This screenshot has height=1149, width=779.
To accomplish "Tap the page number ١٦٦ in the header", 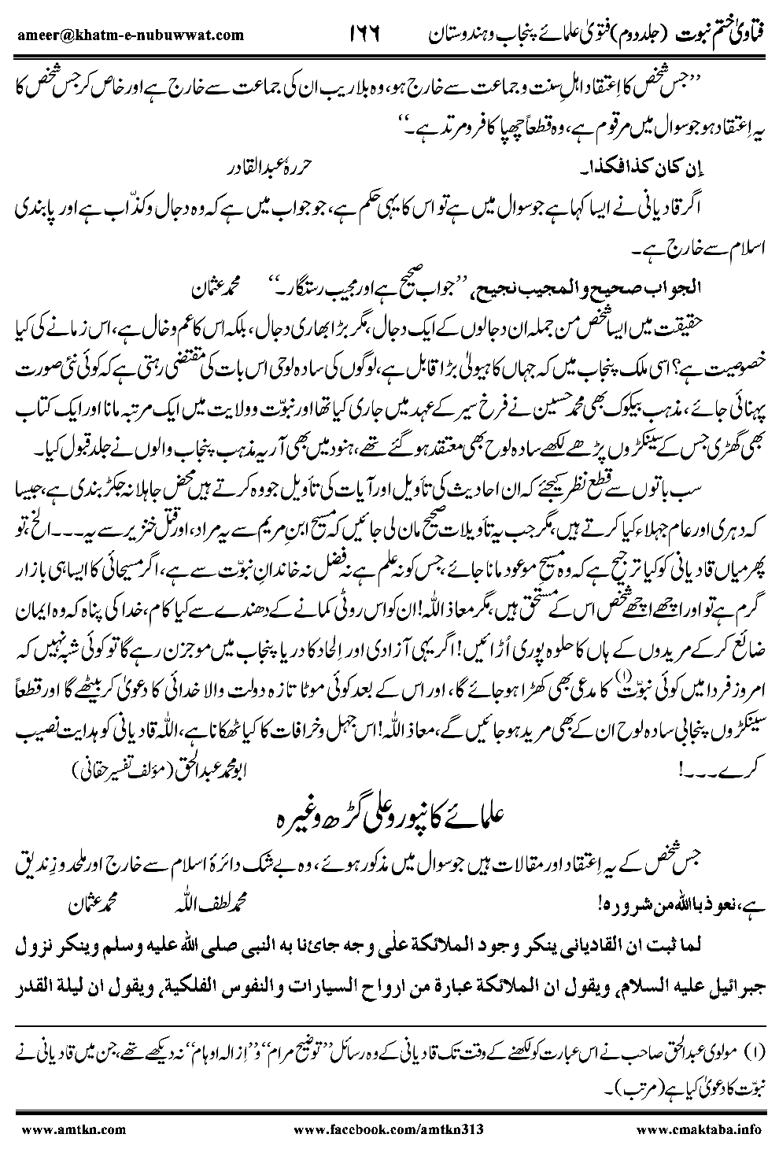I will pos(363,35).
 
